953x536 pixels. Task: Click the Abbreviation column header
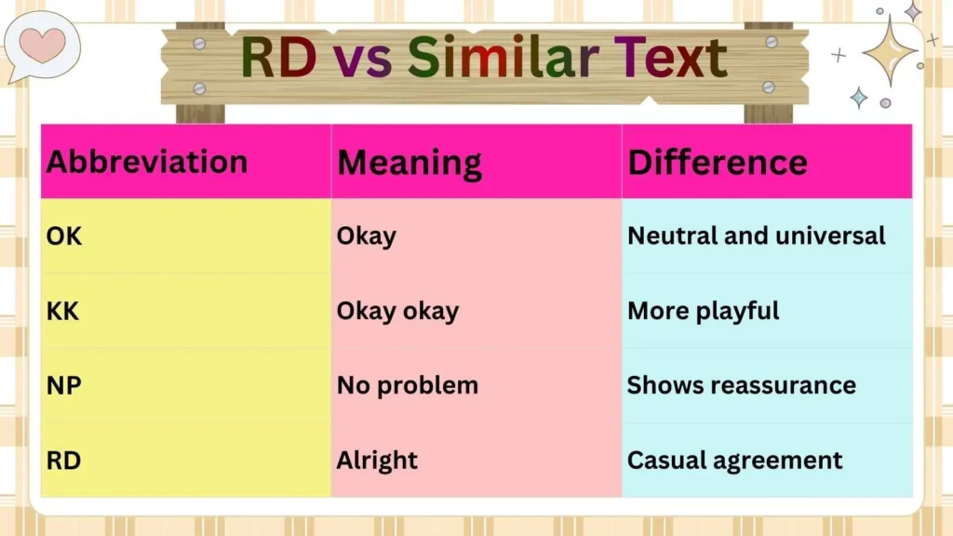point(147,162)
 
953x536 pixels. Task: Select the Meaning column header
point(409,163)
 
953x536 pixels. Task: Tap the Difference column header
point(718,162)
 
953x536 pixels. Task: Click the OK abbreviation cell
point(64,236)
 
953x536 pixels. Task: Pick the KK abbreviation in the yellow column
point(64,311)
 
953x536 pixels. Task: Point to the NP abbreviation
point(64,385)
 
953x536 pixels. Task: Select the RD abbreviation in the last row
point(64,460)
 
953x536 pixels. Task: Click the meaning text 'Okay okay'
point(397,311)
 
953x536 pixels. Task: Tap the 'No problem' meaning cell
point(408,385)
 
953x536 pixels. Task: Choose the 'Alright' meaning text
point(377,460)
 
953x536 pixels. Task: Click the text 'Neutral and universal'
point(757,236)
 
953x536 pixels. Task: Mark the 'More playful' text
point(704,311)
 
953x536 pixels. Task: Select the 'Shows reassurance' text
point(742,385)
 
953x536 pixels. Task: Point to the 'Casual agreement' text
point(735,460)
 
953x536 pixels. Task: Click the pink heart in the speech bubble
point(43,44)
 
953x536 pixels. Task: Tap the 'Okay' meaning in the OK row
point(367,236)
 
